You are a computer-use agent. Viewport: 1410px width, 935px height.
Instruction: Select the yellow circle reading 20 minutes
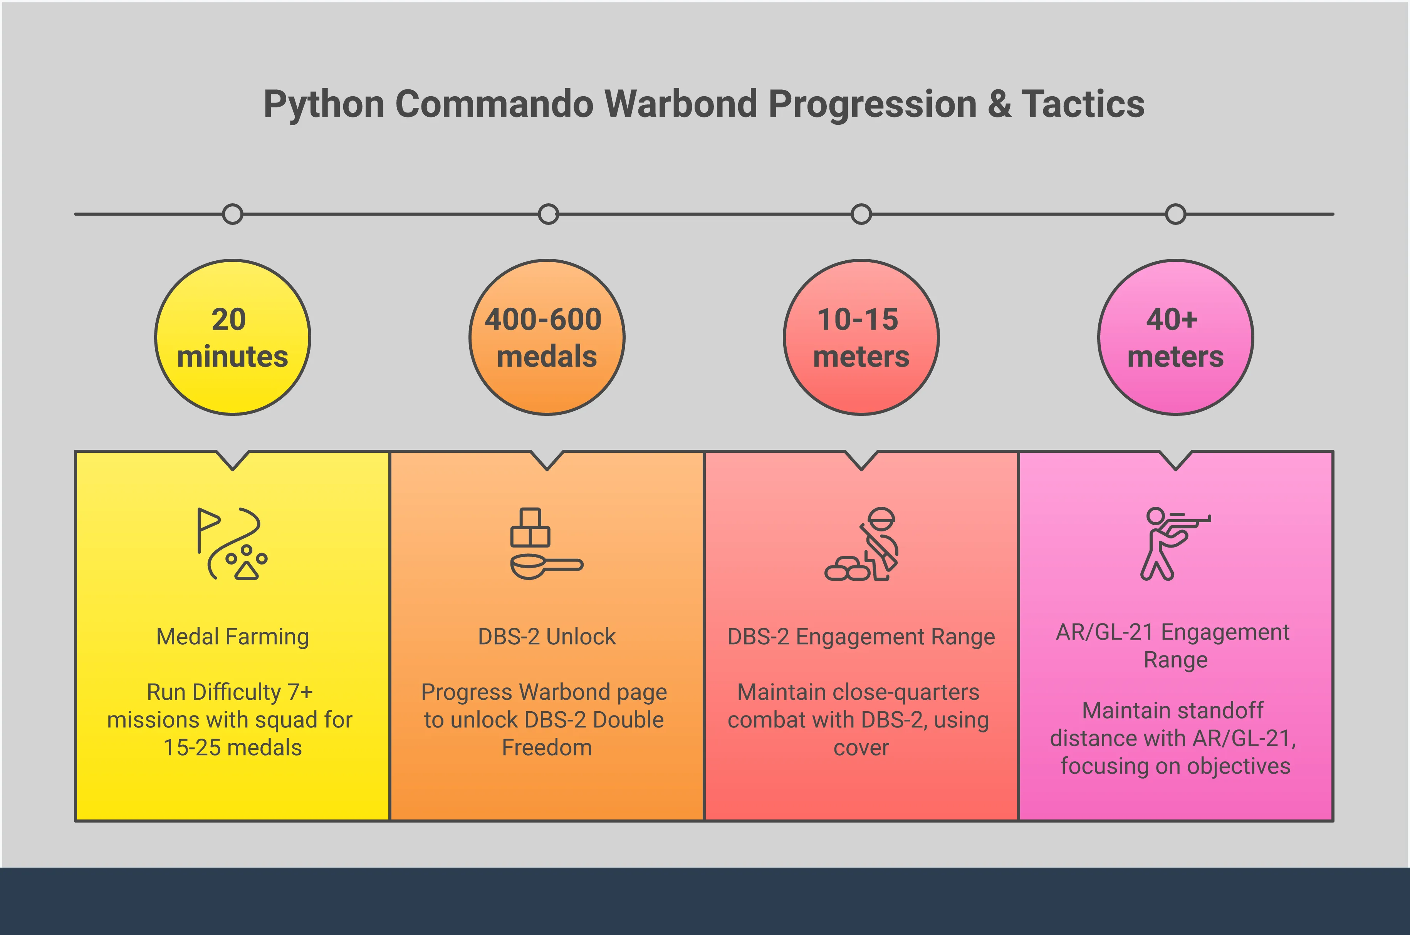[x=233, y=337]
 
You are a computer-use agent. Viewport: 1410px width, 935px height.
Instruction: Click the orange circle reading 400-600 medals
[x=547, y=337]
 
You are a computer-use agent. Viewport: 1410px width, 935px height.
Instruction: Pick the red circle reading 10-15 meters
[x=861, y=337]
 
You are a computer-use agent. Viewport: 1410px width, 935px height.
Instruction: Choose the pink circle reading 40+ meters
[x=1176, y=337]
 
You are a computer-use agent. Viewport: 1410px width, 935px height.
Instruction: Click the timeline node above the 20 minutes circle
[x=233, y=214]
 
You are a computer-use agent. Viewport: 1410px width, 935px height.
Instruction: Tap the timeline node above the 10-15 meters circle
[x=861, y=214]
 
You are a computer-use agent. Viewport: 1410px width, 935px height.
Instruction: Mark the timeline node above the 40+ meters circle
[x=1176, y=214]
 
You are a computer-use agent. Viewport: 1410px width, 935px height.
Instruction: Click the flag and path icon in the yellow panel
[x=233, y=544]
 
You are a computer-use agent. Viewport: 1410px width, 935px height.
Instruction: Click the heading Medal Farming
[x=233, y=637]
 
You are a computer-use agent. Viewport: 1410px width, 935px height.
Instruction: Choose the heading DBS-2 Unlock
[x=547, y=637]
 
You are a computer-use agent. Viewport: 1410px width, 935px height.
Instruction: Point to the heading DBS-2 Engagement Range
[x=861, y=637]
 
